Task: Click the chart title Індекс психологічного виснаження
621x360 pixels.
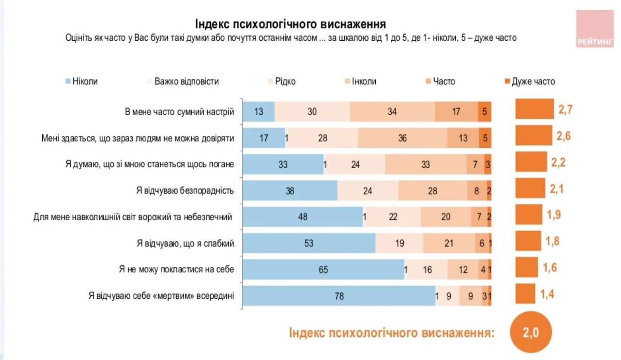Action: click(x=290, y=24)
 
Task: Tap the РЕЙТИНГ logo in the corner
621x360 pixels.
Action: click(x=595, y=29)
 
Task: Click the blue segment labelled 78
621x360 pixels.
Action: click(x=339, y=296)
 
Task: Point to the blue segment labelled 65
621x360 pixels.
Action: click(x=323, y=270)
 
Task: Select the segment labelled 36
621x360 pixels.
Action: click(x=402, y=138)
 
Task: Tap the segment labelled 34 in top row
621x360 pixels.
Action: click(x=392, y=112)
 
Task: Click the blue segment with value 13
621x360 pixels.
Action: click(x=258, y=112)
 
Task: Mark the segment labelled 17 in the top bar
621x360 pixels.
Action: click(x=456, y=112)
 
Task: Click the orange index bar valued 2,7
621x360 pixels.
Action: click(x=534, y=109)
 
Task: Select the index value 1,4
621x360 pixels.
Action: click(x=547, y=294)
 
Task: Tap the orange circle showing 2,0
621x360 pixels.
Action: click(x=531, y=332)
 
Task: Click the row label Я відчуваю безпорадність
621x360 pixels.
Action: click(x=185, y=190)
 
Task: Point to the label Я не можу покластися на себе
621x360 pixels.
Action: click(x=176, y=269)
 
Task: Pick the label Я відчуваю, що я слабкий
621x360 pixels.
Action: click(x=185, y=243)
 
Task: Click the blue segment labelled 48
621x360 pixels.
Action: click(x=302, y=217)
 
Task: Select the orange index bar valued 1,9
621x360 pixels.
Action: click(x=529, y=215)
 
